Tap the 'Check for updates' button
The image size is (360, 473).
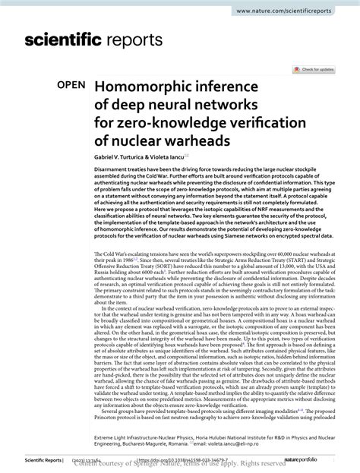click(x=318, y=68)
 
